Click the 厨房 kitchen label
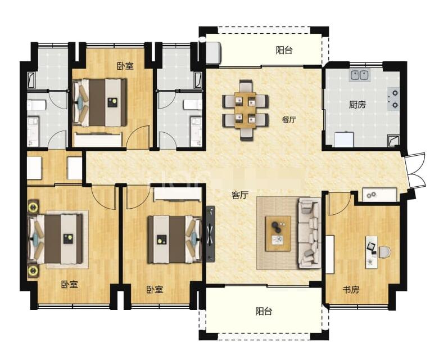pos(357,105)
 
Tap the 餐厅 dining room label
pos(289,120)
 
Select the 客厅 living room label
pos(240,195)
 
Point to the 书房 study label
pos(351,289)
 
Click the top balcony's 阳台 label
pos(284,51)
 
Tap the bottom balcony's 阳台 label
pos(264,311)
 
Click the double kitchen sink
pos(360,75)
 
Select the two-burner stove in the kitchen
pos(393,98)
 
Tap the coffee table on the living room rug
pos(278,233)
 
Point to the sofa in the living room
pos(309,233)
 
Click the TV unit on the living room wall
pos(211,234)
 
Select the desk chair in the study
pos(384,251)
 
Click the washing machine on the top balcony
pos(214,52)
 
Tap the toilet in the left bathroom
pos(36,106)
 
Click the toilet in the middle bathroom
pos(193,105)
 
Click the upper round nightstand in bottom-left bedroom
pos(33,208)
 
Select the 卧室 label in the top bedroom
pos(125,66)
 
